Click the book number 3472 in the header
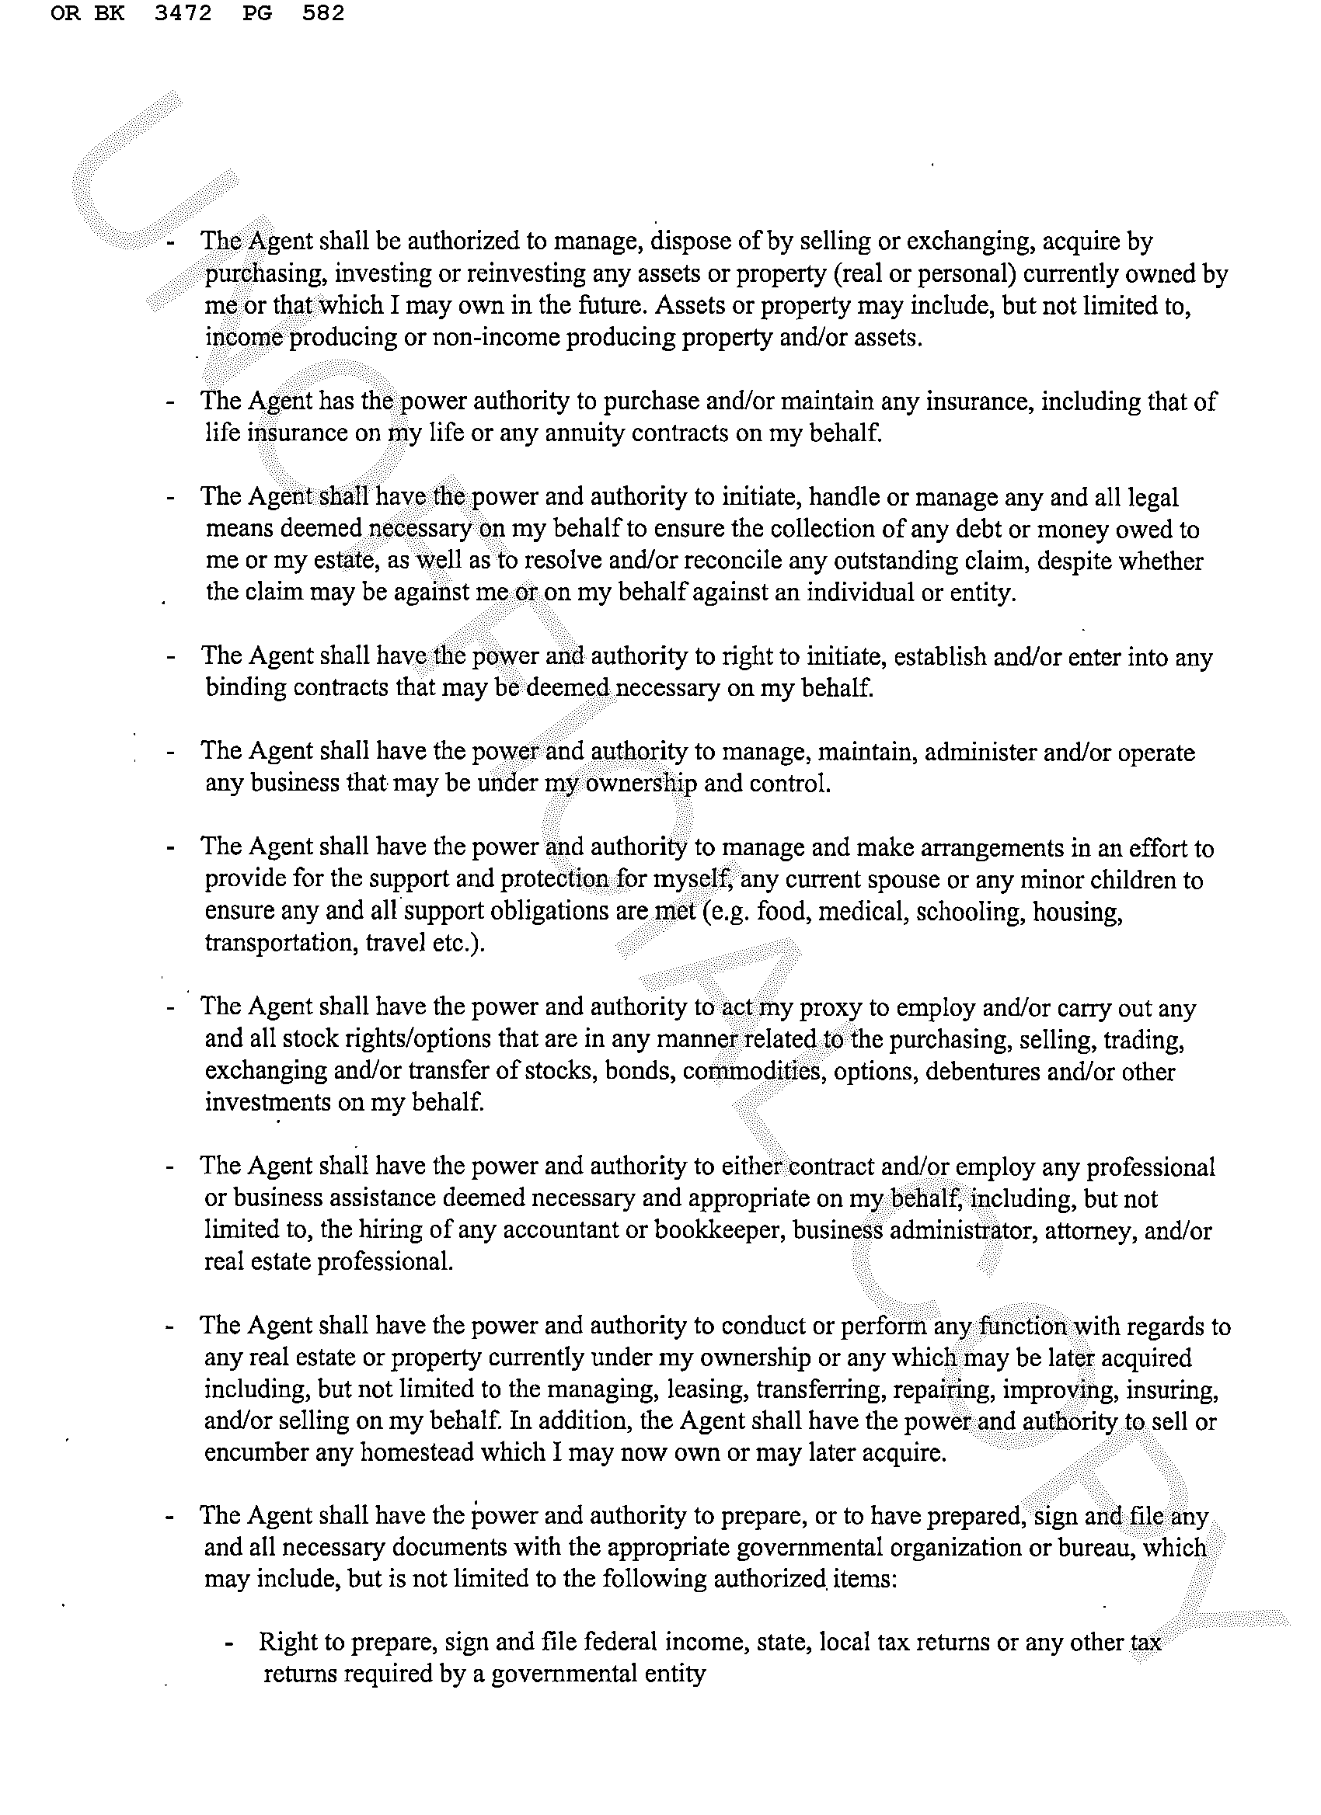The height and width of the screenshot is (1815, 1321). pos(183,14)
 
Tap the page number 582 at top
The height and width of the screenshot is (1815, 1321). pos(323,14)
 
